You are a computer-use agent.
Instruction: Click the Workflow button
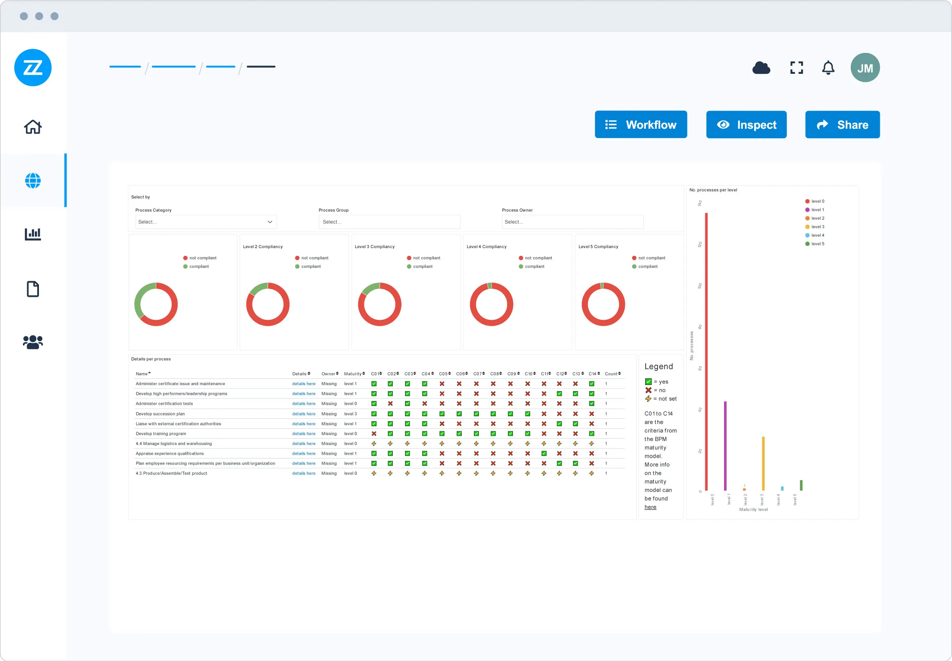640,125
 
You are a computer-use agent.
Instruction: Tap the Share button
842,125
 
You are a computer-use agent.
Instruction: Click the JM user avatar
865,68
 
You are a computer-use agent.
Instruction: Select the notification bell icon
828,68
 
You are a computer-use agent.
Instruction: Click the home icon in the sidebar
33,127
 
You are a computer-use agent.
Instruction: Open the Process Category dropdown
206,222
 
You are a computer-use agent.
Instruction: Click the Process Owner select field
572,222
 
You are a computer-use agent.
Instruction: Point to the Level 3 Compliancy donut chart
379,304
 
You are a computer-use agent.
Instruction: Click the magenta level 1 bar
725,446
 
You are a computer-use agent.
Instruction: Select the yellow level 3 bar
763,463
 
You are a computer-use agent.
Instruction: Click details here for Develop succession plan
303,414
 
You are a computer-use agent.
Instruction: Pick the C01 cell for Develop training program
374,433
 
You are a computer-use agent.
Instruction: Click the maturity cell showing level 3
350,414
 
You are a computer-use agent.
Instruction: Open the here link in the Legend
650,507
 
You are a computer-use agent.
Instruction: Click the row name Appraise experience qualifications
170,454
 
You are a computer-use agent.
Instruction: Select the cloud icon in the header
761,68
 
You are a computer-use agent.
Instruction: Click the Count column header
612,374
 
